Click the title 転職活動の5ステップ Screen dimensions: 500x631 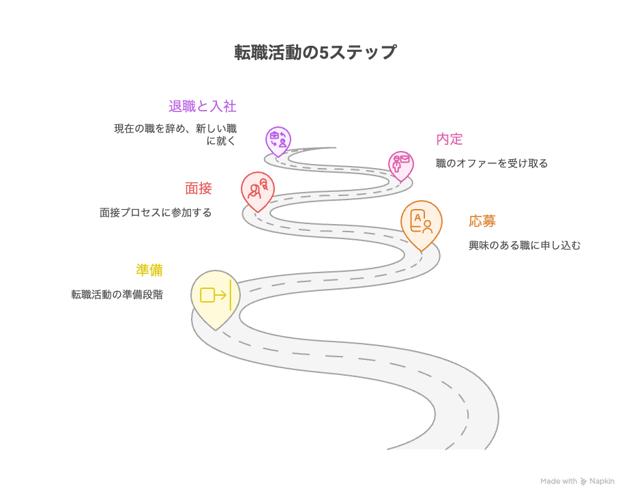(x=314, y=53)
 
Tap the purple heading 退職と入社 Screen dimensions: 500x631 (x=202, y=107)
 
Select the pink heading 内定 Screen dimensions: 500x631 (x=449, y=139)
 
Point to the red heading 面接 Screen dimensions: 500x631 (x=198, y=189)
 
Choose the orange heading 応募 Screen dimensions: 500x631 (x=482, y=221)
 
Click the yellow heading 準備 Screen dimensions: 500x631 (x=149, y=270)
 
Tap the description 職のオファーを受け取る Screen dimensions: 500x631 (x=491, y=164)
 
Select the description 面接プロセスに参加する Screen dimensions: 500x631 (x=156, y=213)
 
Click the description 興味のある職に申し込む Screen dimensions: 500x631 (x=524, y=246)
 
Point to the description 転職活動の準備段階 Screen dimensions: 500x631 (x=117, y=295)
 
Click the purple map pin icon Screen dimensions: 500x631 (x=278, y=140)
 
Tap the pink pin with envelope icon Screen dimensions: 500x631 (x=401, y=165)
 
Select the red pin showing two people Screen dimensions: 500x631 (x=258, y=189)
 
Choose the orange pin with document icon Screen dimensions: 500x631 (x=421, y=223)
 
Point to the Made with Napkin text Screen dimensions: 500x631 (x=577, y=482)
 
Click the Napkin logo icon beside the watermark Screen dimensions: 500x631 (x=583, y=482)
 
